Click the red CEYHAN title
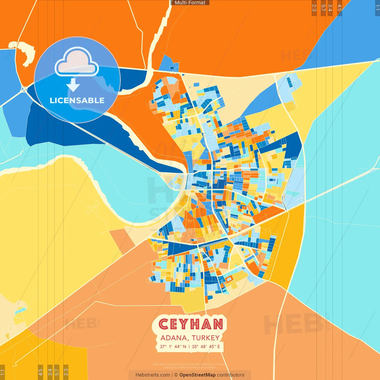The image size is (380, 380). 191,324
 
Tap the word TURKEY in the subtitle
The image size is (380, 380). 205,338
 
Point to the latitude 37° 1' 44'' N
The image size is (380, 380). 173,346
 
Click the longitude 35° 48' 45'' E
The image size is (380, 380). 206,346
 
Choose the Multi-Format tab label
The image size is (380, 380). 190,3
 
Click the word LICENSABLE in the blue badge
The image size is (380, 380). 77,101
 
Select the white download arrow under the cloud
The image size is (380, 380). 73,85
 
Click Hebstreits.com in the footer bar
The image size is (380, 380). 153,375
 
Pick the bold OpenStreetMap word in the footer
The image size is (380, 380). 197,375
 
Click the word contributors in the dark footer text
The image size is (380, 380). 231,375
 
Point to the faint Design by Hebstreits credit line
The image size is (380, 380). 190,368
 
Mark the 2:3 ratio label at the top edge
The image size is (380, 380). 314,8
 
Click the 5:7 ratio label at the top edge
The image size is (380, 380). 323,8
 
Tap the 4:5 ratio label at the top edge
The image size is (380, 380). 340,8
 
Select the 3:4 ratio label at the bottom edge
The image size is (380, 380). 50,372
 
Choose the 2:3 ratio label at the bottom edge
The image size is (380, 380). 66,372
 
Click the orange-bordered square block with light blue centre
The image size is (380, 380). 229,279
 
